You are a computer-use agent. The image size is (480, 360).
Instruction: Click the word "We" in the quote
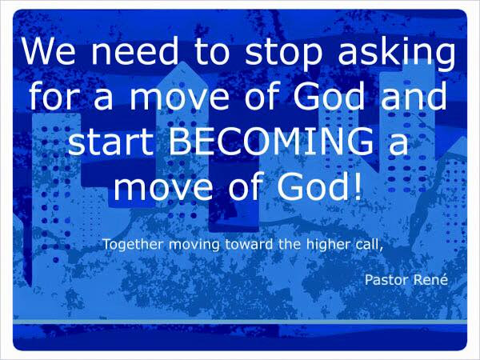(x=48, y=51)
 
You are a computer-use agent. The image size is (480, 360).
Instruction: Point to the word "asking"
(x=397, y=54)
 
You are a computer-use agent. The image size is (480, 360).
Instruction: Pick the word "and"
(x=414, y=95)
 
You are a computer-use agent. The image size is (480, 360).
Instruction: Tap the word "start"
(x=111, y=142)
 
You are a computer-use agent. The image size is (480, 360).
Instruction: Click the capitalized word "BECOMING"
(x=271, y=141)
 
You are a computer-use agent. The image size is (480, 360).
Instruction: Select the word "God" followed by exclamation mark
(x=313, y=186)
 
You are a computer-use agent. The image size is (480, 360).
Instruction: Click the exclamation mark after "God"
(x=358, y=186)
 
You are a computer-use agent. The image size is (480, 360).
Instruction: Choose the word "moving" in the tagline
(x=194, y=246)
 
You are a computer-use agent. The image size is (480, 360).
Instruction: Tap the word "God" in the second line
(x=329, y=95)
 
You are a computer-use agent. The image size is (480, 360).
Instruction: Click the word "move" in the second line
(x=180, y=98)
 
